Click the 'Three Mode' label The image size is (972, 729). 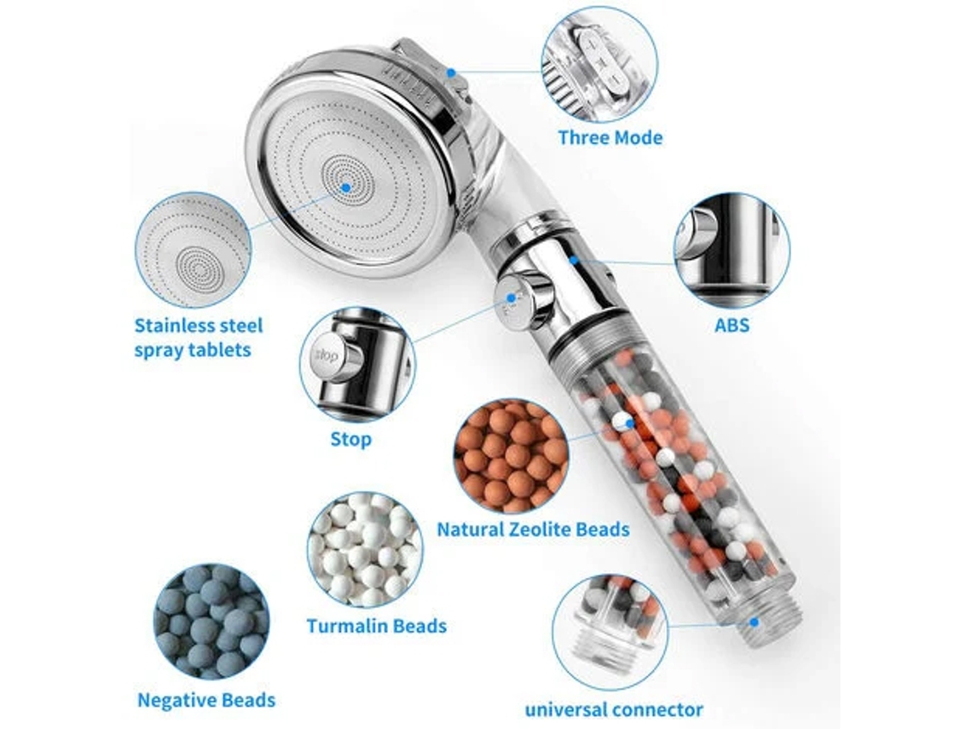pyautogui.click(x=610, y=137)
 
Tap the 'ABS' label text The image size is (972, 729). pyautogui.click(x=732, y=325)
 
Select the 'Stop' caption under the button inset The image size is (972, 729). pyautogui.click(x=351, y=439)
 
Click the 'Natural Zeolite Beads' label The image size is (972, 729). pyautogui.click(x=533, y=529)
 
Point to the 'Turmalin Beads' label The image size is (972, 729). pyautogui.click(x=376, y=626)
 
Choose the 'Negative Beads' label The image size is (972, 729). pyautogui.click(x=206, y=700)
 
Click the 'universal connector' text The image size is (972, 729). pyautogui.click(x=614, y=709)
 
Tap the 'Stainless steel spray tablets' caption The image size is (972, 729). pyautogui.click(x=199, y=338)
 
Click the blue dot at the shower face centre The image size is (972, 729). pyautogui.click(x=346, y=188)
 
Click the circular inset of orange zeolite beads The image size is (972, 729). pyautogui.click(x=512, y=456)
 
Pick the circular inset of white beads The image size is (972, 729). pyautogui.click(x=365, y=550)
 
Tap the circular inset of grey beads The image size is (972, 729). pyautogui.click(x=211, y=622)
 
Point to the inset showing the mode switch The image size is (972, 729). pyautogui.click(x=600, y=65)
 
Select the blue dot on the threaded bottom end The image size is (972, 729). pyautogui.click(x=755, y=622)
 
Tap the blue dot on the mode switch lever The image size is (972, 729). pyautogui.click(x=451, y=72)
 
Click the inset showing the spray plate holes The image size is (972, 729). pyautogui.click(x=194, y=250)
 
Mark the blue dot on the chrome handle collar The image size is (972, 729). pyautogui.click(x=574, y=260)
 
